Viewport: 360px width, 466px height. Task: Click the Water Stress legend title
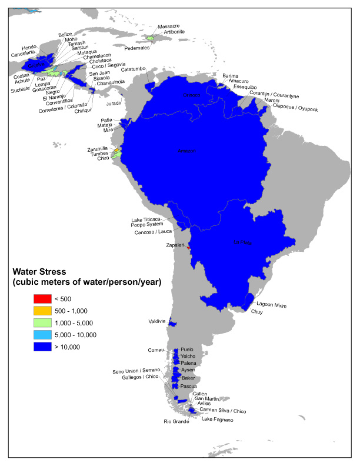pyautogui.click(x=86, y=277)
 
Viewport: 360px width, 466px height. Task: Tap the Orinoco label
pyautogui.click(x=191, y=95)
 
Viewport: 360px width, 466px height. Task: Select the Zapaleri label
pyautogui.click(x=175, y=244)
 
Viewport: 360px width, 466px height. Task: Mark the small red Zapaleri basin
pyautogui.click(x=188, y=248)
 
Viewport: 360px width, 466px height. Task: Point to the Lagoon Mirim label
pyautogui.click(x=271, y=304)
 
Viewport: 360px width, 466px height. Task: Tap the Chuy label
pyautogui.click(x=257, y=312)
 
